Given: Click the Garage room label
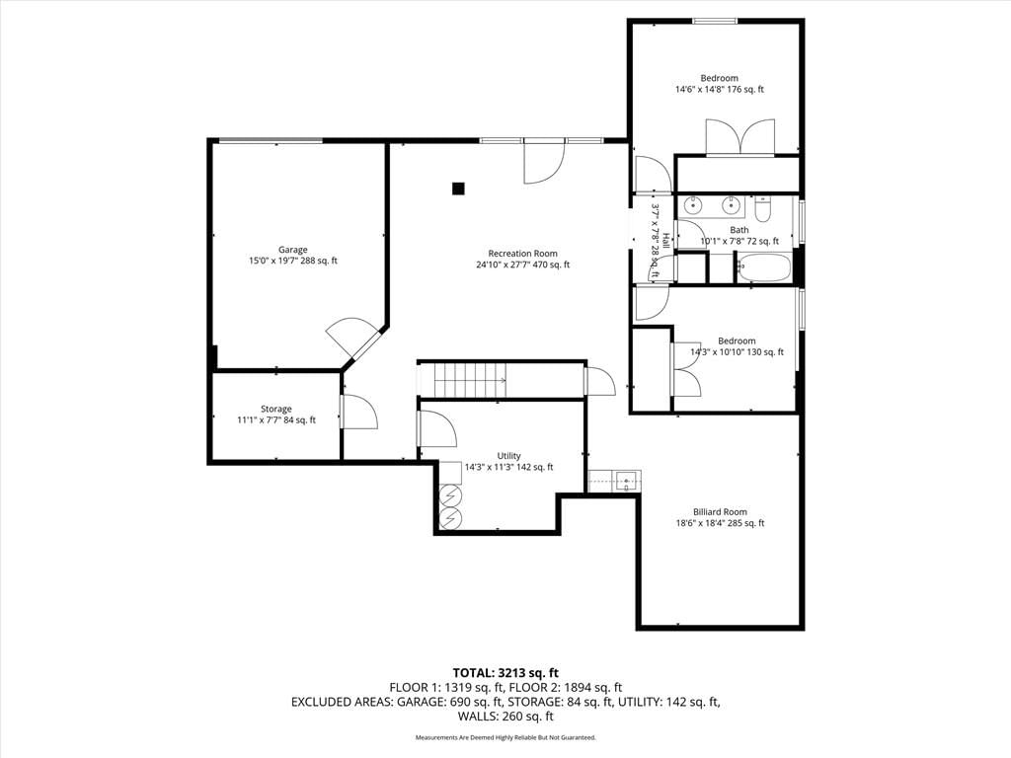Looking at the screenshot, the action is click(292, 250).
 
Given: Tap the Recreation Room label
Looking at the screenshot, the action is click(522, 254).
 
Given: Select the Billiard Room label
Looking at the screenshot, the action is click(720, 512).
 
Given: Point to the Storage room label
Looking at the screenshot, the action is click(276, 409).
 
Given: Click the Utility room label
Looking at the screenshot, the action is click(508, 456).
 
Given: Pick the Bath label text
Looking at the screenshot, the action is click(739, 229).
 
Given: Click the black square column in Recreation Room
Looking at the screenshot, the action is click(458, 189).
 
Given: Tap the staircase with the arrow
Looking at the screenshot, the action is click(470, 380).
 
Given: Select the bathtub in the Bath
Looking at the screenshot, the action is click(764, 268).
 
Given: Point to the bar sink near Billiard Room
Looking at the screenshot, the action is click(624, 482).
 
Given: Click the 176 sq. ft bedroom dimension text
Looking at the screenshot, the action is click(719, 90).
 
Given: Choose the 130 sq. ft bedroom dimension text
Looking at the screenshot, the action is click(737, 352).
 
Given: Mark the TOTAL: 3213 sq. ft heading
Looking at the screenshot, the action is click(505, 674).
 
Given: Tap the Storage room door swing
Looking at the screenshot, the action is click(359, 412).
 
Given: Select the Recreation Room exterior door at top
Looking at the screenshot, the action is click(544, 161).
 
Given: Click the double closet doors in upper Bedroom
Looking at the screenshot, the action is click(740, 136).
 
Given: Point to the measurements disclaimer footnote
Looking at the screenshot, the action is click(505, 737).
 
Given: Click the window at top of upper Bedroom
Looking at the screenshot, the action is click(715, 22).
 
